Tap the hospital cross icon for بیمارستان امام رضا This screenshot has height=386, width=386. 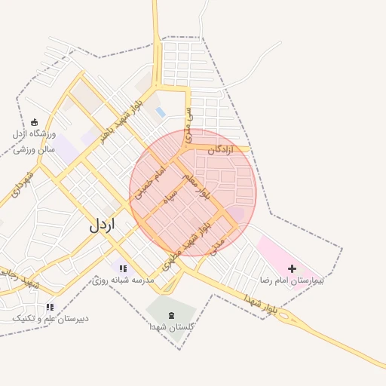293,268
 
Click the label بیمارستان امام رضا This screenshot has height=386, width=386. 291,280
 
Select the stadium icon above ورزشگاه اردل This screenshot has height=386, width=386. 34,122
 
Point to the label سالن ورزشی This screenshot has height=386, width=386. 34,149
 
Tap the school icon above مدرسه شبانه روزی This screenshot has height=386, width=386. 124,268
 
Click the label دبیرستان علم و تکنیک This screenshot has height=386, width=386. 51,318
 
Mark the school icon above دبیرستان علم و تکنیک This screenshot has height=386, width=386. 50,307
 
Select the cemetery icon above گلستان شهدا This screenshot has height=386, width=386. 171,314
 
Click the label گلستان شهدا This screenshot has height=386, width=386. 171,327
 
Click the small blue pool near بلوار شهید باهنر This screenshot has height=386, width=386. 161,112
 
